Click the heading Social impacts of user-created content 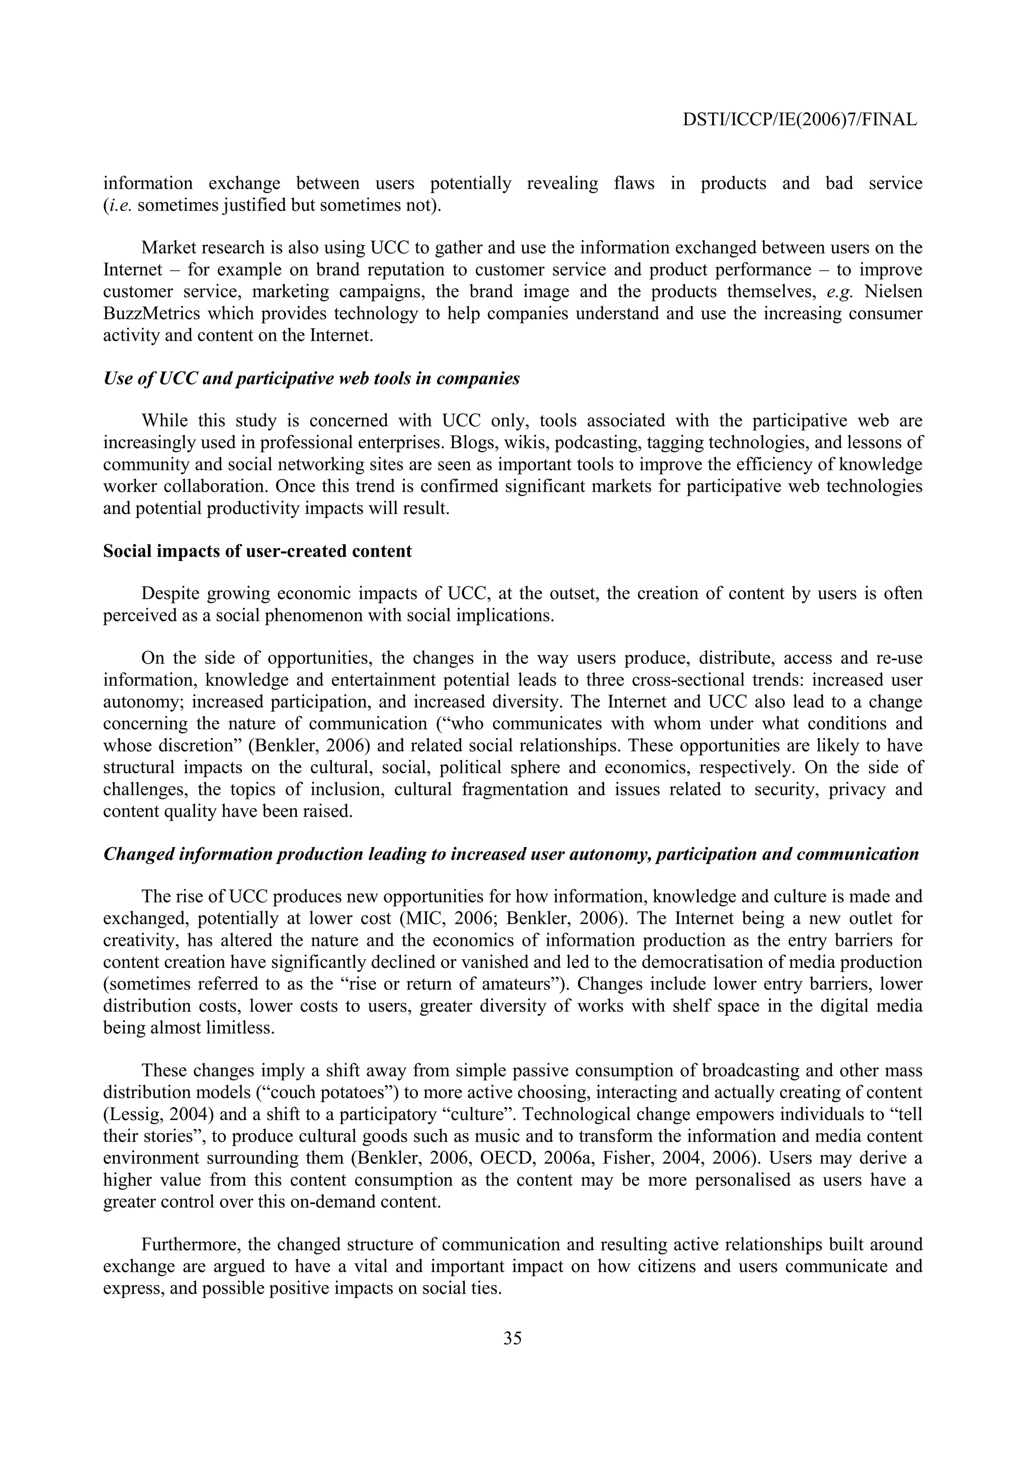point(257,551)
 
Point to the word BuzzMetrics point(151,314)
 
